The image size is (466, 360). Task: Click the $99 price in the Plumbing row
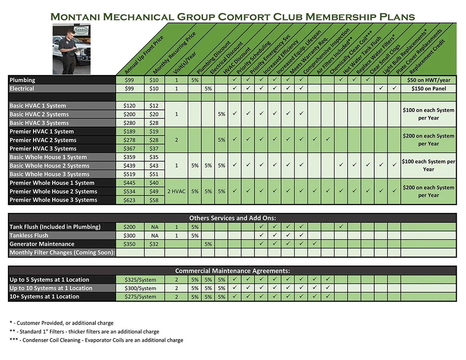click(x=130, y=80)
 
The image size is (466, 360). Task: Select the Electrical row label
click(x=22, y=88)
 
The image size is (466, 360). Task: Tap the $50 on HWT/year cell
click(x=429, y=80)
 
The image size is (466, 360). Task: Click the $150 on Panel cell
click(x=429, y=88)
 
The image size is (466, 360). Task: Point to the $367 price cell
click(x=130, y=149)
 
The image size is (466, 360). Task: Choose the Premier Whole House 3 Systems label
click(x=53, y=200)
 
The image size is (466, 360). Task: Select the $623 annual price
click(x=130, y=200)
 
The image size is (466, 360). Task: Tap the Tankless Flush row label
click(x=29, y=236)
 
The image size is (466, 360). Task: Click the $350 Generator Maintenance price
click(x=130, y=244)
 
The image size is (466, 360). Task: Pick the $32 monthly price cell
click(x=154, y=244)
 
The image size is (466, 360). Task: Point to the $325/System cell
click(x=140, y=280)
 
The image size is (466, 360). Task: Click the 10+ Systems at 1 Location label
click(x=44, y=297)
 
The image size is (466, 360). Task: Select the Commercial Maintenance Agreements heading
click(x=233, y=271)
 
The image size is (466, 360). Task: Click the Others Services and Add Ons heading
click(x=233, y=218)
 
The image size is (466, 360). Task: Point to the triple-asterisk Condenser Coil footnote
click(x=96, y=340)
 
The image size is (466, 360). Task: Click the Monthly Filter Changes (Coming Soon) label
click(x=62, y=252)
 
